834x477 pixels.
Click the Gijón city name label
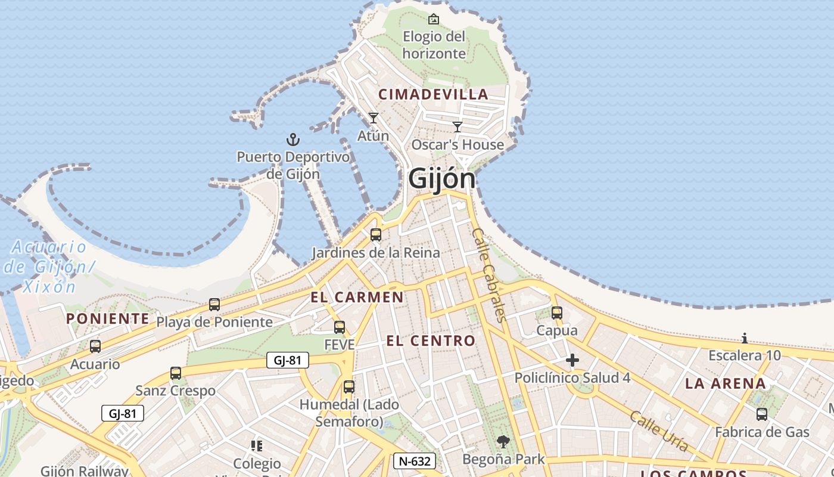click(442, 178)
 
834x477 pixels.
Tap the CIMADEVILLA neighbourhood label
click(434, 94)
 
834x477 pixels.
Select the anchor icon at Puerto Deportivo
click(292, 140)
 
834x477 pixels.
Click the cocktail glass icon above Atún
click(374, 118)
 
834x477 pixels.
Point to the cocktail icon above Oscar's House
click(458, 127)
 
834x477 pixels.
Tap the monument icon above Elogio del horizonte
click(434, 19)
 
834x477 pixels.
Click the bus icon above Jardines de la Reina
click(376, 235)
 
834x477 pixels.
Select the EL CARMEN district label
click(357, 297)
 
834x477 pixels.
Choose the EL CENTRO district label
click(431, 341)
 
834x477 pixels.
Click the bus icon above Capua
click(557, 313)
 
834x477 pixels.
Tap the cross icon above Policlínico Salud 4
click(572, 360)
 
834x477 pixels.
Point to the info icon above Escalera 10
click(745, 339)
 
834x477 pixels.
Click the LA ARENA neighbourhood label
click(725, 383)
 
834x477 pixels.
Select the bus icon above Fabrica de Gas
click(762, 414)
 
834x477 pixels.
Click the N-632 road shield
click(415, 461)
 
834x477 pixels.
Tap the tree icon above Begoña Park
click(503, 442)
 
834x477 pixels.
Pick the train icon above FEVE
click(340, 327)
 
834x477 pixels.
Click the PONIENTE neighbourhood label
click(108, 318)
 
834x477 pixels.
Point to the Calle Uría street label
click(659, 430)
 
